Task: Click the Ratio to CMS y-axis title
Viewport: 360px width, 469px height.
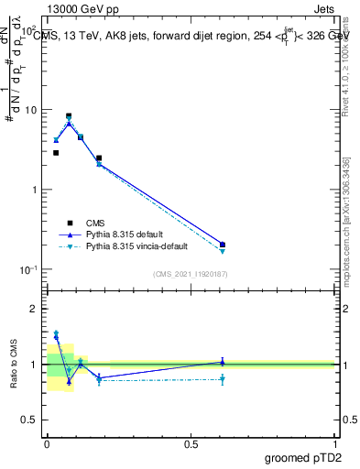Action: (14, 365)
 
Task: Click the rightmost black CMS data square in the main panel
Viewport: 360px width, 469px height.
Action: (223, 245)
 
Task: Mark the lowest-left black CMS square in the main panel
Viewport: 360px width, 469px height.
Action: (56, 153)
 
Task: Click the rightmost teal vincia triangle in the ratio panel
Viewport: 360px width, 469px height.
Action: (223, 379)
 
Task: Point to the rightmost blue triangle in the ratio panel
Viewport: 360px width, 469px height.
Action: (223, 362)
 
